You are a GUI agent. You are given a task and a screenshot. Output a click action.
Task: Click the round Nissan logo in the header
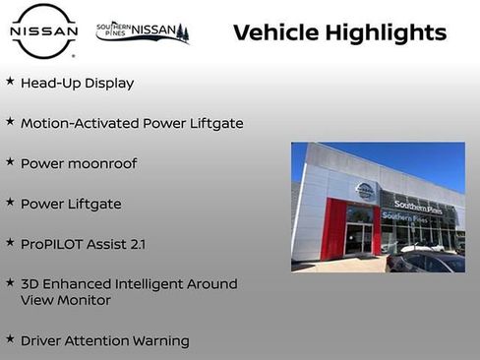pyautogui.click(x=43, y=32)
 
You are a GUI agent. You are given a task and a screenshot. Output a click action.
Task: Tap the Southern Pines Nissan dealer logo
pyautogui.click(x=142, y=31)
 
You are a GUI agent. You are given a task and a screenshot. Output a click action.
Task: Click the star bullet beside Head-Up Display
pyautogui.click(x=10, y=83)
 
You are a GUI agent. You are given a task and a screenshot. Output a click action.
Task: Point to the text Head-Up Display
pyautogui.click(x=77, y=84)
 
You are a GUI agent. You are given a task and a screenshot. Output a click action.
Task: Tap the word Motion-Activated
pyautogui.click(x=80, y=124)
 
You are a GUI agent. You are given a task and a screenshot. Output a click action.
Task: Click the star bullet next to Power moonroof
pyautogui.click(x=10, y=162)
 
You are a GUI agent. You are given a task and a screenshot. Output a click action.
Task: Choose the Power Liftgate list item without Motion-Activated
pyautogui.click(x=71, y=204)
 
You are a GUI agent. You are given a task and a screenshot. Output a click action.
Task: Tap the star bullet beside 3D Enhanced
pyautogui.click(x=10, y=283)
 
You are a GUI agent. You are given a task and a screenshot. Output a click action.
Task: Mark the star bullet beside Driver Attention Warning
pyautogui.click(x=10, y=340)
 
